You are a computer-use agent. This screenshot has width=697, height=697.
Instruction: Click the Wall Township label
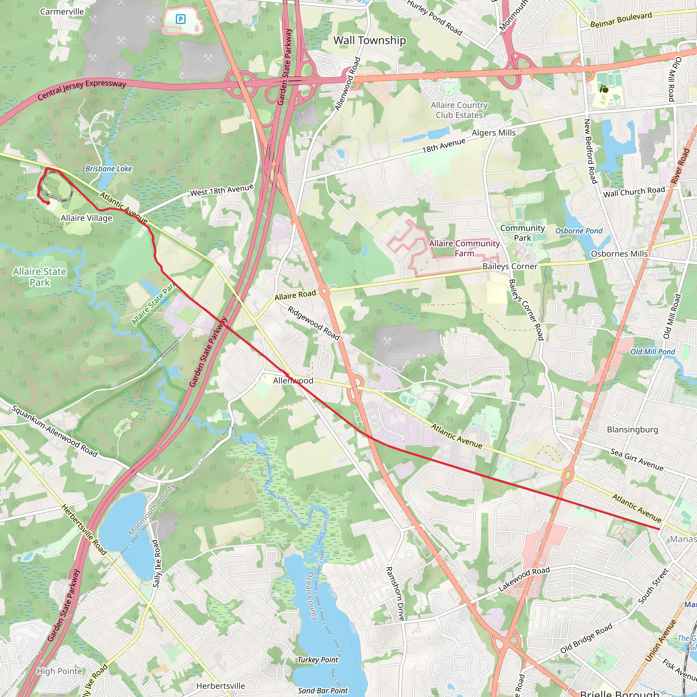(x=369, y=40)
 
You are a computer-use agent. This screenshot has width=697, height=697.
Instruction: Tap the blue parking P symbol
(x=181, y=19)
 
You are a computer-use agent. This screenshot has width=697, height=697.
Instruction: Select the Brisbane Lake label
(x=109, y=168)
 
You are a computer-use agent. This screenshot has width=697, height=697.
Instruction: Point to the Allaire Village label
(x=86, y=218)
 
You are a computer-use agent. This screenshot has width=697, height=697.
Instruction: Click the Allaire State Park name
(x=40, y=277)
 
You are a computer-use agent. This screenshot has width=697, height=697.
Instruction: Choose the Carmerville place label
(x=62, y=12)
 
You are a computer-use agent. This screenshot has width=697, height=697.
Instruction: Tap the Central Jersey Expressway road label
(x=82, y=89)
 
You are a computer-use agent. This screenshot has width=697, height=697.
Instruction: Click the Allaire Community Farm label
(x=464, y=248)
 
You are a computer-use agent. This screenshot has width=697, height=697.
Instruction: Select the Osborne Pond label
(x=579, y=231)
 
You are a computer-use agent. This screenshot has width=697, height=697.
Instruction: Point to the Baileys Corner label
(x=510, y=266)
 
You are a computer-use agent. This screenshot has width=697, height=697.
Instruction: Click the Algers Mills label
(x=493, y=133)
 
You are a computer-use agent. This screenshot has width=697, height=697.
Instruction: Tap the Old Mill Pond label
(x=653, y=352)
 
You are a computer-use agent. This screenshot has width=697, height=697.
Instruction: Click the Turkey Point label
(x=318, y=660)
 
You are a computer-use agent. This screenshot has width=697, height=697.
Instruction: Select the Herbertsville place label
(x=221, y=686)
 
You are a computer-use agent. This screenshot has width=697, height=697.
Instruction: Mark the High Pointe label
(x=60, y=671)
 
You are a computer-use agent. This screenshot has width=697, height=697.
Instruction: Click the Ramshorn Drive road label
(x=395, y=594)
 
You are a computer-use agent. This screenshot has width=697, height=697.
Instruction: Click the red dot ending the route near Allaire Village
(x=48, y=203)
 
